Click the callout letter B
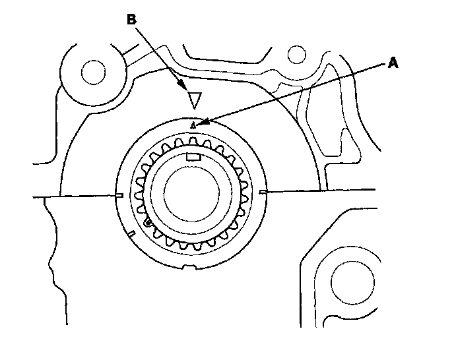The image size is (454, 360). pyautogui.click(x=131, y=20)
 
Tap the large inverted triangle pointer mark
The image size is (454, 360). pyautogui.click(x=193, y=100)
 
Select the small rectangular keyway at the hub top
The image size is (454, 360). pyautogui.click(x=193, y=157)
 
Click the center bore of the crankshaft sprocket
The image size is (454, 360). pyautogui.click(x=191, y=198)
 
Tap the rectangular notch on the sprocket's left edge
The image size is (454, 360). pyautogui.click(x=119, y=195)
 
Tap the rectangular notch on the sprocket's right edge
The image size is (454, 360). pyautogui.click(x=263, y=192)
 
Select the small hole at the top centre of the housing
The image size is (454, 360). pyautogui.click(x=296, y=53)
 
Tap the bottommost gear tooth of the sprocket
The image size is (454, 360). pyautogui.click(x=191, y=249)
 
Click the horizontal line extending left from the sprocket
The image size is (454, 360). pyautogui.click(x=73, y=196)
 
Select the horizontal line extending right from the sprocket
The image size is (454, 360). pyautogui.click(x=317, y=191)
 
